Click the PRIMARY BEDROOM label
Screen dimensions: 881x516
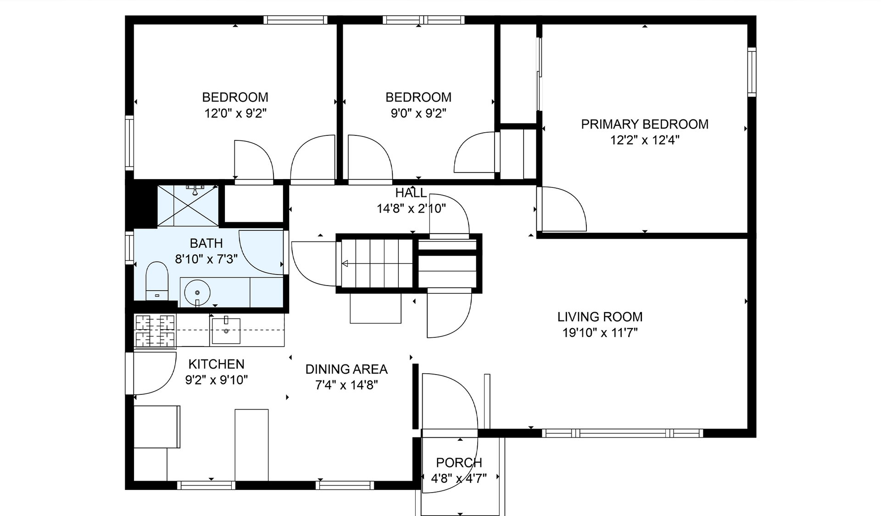click(x=645, y=124)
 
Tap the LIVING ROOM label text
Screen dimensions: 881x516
click(x=600, y=317)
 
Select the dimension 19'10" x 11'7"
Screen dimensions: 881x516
click(x=600, y=332)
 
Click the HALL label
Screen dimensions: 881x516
click(x=411, y=193)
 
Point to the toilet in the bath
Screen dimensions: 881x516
click(x=157, y=281)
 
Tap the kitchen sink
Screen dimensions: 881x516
click(x=225, y=330)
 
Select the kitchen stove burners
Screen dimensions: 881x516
click(x=155, y=331)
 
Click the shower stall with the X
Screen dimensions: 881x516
click(x=188, y=206)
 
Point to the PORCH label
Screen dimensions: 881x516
click(x=459, y=463)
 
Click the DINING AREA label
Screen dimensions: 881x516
click(x=346, y=369)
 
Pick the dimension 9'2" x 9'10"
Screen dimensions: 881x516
click(x=216, y=380)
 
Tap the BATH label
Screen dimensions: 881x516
click(x=206, y=243)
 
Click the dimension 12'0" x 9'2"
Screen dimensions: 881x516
click(x=235, y=113)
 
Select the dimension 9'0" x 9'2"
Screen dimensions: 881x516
click(x=418, y=113)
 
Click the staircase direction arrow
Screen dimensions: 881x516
click(x=377, y=264)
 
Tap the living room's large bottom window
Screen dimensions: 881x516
click(x=622, y=433)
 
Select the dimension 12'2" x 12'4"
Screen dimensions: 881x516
click(x=645, y=140)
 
